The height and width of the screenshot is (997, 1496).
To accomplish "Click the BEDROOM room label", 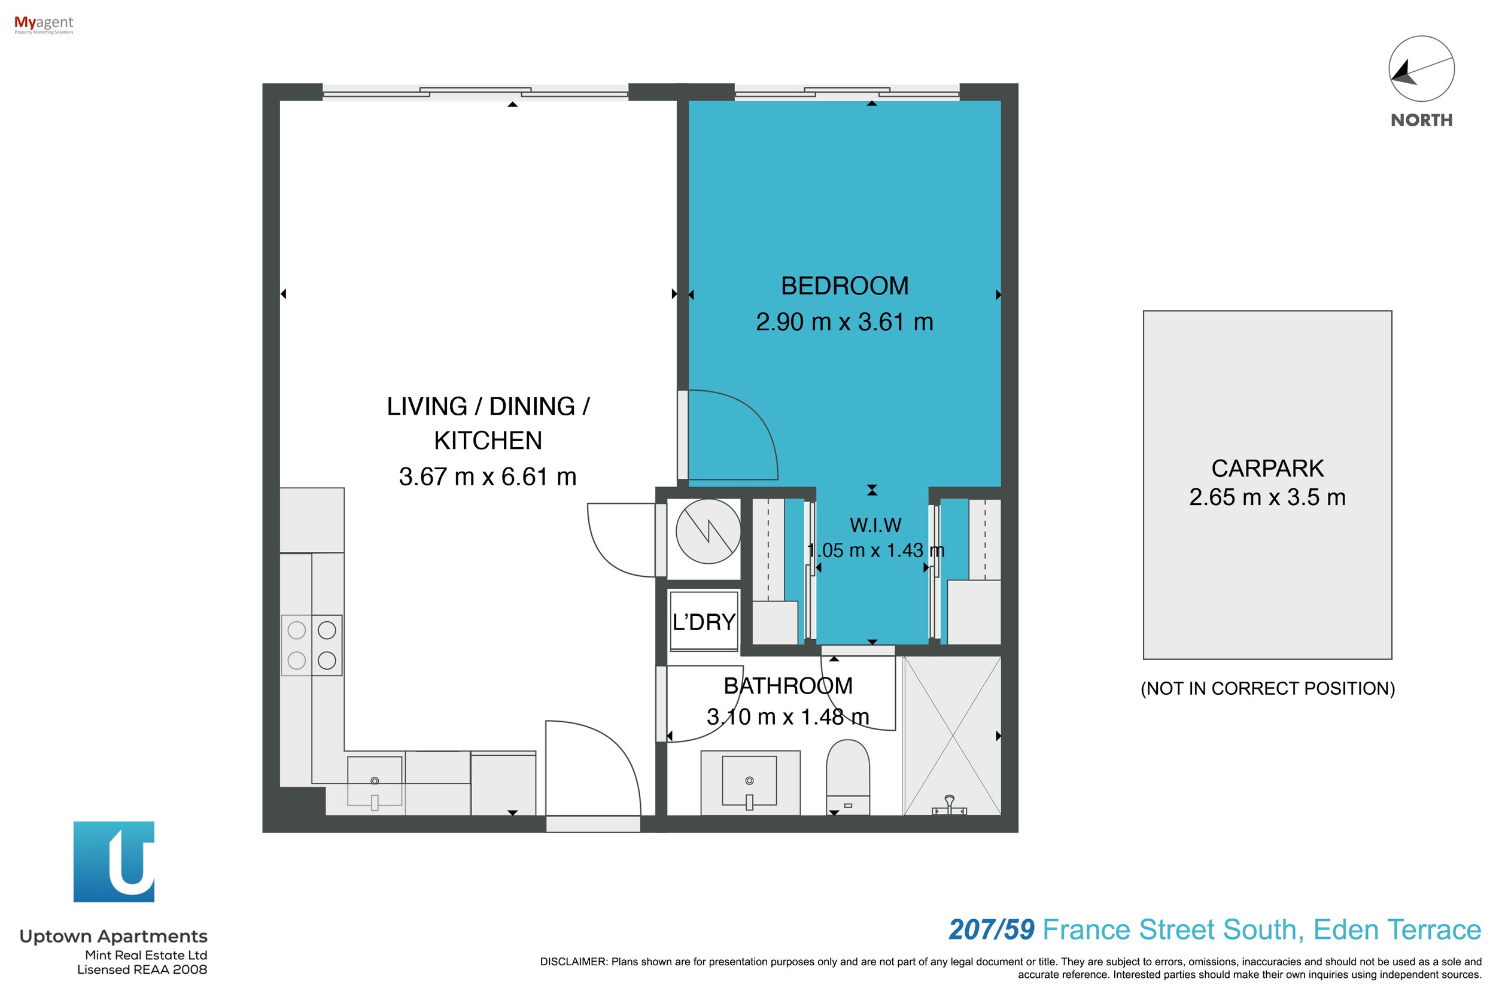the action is [844, 286].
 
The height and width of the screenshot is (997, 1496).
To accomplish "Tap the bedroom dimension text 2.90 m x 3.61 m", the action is [844, 323].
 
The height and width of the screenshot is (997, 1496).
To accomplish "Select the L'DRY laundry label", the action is [704, 622].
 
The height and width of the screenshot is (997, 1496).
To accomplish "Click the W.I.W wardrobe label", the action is [875, 525].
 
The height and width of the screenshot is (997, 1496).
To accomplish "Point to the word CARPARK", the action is [1267, 469].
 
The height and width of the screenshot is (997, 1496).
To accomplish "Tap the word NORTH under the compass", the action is [1422, 120].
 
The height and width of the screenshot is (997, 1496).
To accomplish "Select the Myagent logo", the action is [44, 25].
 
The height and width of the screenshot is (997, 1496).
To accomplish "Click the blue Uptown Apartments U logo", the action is [114, 862].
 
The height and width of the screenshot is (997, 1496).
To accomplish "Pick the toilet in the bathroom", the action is [847, 777].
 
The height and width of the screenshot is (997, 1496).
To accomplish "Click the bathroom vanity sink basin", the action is [749, 781].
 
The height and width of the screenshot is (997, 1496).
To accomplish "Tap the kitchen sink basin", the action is [375, 782].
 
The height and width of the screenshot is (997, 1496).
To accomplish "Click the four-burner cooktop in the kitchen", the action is [312, 645].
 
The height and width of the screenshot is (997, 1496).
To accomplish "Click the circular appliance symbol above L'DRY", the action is [708, 531].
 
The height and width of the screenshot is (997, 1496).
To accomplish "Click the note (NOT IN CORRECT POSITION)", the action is [1267, 689].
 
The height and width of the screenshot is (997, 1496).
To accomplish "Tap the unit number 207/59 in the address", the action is [991, 929].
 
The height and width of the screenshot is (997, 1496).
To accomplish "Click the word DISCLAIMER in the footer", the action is [573, 961].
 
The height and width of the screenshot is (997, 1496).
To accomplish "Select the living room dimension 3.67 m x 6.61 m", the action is [488, 477].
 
